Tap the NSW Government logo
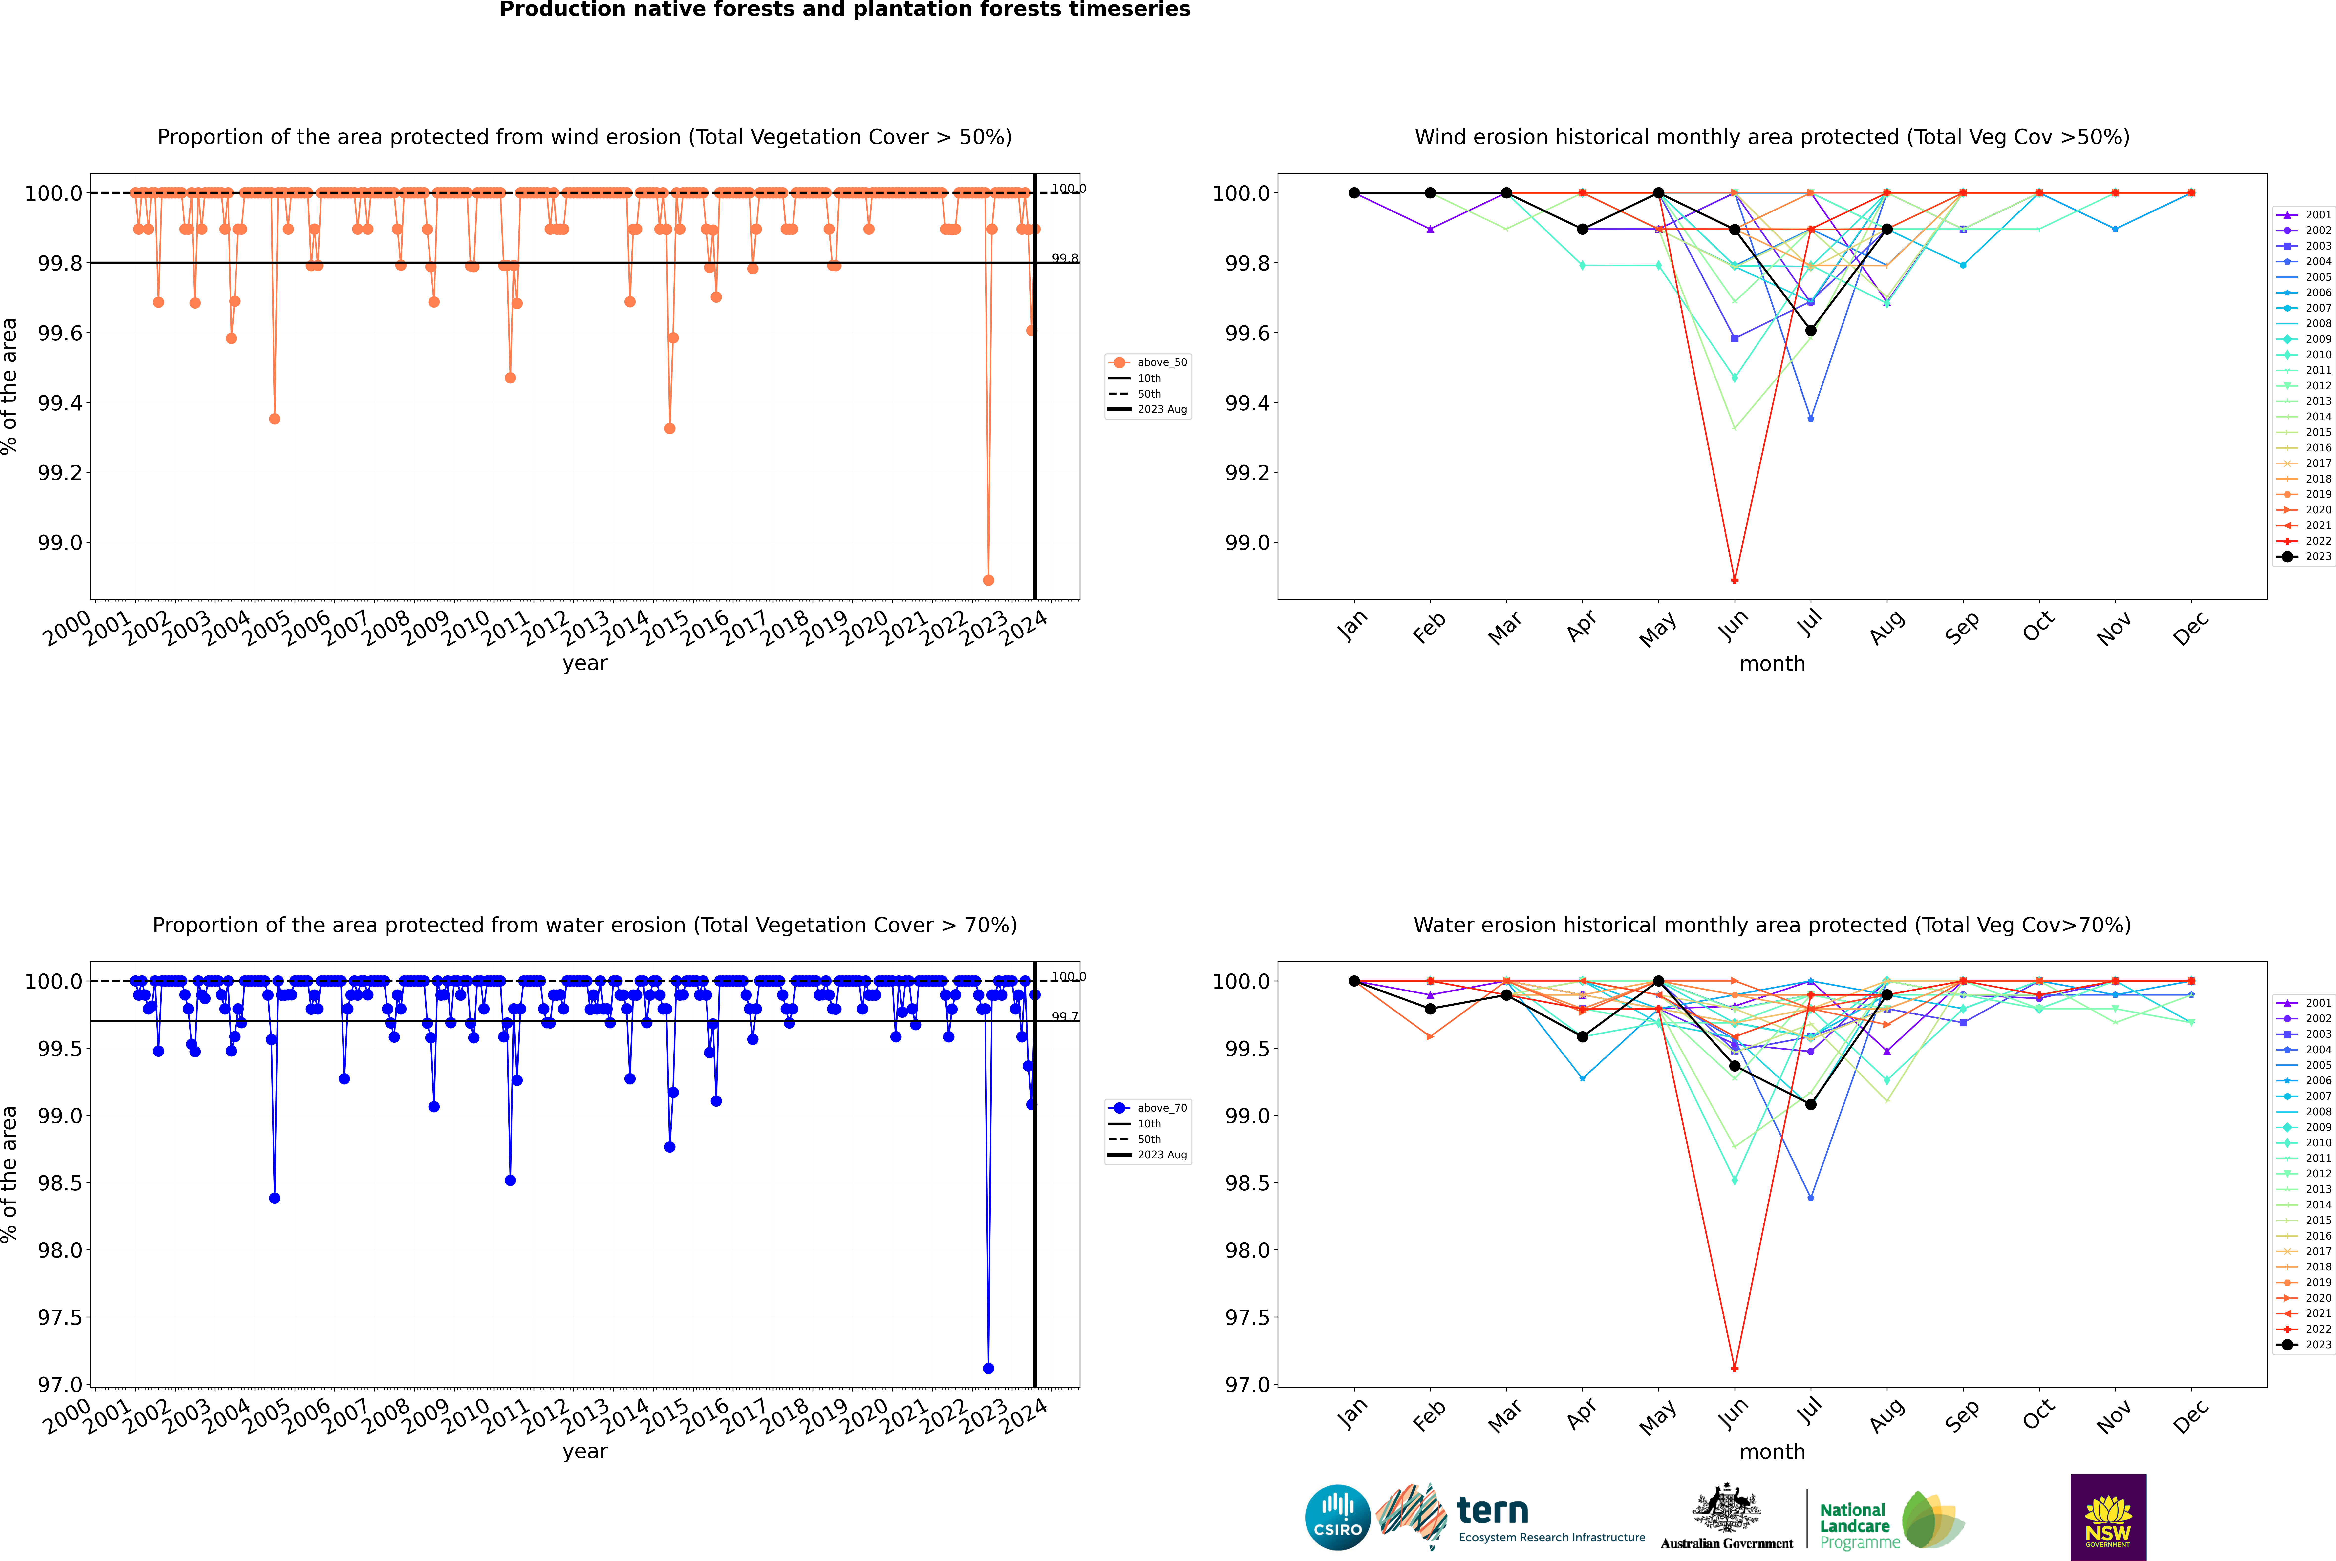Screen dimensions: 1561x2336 click(x=2108, y=1517)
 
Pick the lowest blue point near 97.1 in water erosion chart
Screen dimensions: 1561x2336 click(x=988, y=1368)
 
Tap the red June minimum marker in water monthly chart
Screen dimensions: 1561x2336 click(x=1735, y=1368)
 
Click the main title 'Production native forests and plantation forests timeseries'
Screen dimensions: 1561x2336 click(x=844, y=10)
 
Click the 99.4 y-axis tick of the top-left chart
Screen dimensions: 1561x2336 click(x=60, y=403)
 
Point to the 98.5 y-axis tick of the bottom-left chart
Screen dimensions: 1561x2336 click(x=60, y=1183)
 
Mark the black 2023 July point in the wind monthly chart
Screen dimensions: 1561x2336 click(x=1810, y=331)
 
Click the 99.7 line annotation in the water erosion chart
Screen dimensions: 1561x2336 click(x=1064, y=1016)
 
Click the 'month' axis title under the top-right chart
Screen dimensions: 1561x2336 click(x=1771, y=664)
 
